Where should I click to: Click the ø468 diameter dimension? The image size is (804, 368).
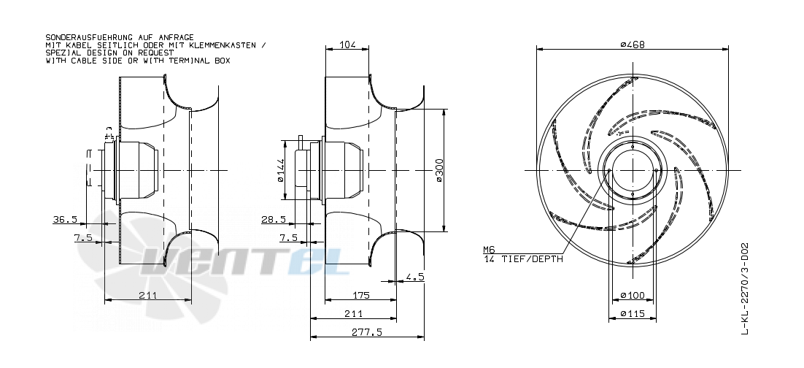pyautogui.click(x=633, y=45)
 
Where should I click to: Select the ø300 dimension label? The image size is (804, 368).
pyautogui.click(x=440, y=170)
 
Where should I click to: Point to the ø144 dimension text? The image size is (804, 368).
pyautogui.click(x=280, y=170)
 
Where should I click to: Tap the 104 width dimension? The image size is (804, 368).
pyautogui.click(x=348, y=45)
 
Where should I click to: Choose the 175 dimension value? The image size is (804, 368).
pyautogui.click(x=362, y=296)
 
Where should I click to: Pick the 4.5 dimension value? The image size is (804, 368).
pyautogui.click(x=415, y=277)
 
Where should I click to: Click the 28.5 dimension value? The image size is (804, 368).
pyautogui.click(x=274, y=219)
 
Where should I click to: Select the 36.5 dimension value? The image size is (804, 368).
pyautogui.click(x=65, y=219)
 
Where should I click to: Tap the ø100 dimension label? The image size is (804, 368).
pyautogui.click(x=633, y=296)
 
